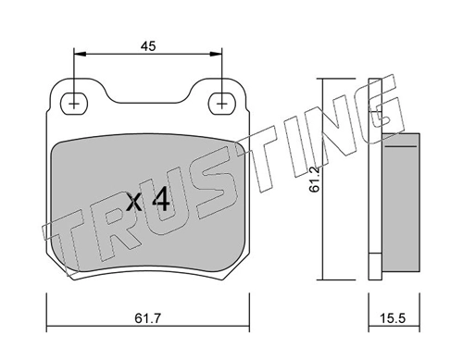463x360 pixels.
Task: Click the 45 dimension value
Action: tap(148, 46)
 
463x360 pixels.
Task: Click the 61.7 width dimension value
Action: tap(148, 318)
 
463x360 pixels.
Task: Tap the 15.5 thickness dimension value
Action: tap(394, 318)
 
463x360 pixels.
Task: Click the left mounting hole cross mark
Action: tap(74, 104)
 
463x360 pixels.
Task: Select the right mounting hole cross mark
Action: tap(221, 104)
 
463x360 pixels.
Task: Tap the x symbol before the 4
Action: tap(135, 203)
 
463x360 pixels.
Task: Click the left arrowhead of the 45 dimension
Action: tap(80, 54)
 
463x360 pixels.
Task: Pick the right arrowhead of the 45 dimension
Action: tap(216, 54)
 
